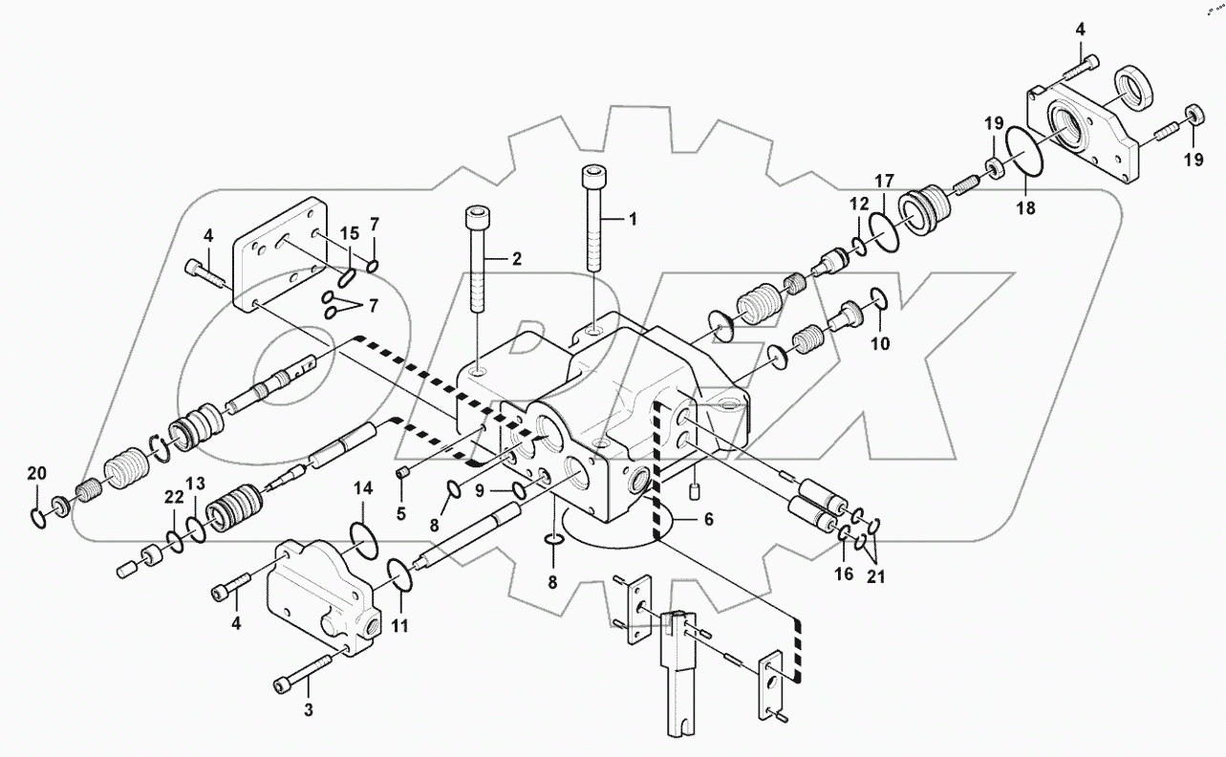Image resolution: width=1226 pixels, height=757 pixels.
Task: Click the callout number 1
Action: pyautogui.click(x=632, y=219)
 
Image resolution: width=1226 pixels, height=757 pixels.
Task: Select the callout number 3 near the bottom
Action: pyautogui.click(x=309, y=709)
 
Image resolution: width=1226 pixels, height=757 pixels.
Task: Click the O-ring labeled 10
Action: pyautogui.click(x=880, y=299)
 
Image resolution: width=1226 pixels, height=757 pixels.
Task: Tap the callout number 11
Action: pyautogui.click(x=399, y=627)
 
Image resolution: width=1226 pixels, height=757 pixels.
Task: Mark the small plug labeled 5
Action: pyautogui.click(x=403, y=471)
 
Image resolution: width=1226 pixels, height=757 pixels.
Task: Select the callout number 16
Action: pyautogui.click(x=843, y=574)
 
